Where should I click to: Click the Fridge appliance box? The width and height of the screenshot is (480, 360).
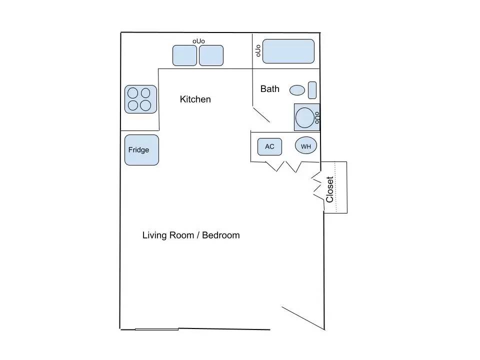(x=141, y=150)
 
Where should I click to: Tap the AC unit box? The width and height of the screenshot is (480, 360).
(x=269, y=146)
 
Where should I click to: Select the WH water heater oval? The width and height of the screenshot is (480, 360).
(x=306, y=145)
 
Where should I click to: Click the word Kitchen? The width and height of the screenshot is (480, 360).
(x=195, y=99)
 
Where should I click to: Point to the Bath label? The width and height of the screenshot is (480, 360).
(x=269, y=89)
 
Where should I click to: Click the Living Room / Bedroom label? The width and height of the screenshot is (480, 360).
(x=191, y=235)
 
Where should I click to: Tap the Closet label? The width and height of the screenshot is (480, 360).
(x=329, y=189)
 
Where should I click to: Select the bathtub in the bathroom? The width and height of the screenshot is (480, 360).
(x=288, y=51)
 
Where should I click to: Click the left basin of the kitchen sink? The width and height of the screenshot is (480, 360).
(x=184, y=55)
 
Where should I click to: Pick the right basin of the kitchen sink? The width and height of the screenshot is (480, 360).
(x=211, y=55)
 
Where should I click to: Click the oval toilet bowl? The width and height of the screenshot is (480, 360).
(x=297, y=90)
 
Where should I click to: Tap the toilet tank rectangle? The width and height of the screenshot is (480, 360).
(x=312, y=90)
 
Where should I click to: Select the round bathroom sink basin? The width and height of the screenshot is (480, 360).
(x=305, y=117)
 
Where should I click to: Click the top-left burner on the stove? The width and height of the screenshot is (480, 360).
(x=133, y=93)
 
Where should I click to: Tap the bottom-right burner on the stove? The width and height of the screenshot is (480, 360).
(x=145, y=105)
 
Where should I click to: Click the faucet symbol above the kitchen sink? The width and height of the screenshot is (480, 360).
(x=198, y=41)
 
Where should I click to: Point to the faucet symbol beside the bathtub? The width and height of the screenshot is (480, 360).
(x=258, y=51)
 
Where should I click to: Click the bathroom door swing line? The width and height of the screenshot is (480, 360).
(x=261, y=114)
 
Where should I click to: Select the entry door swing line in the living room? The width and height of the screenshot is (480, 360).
(x=303, y=318)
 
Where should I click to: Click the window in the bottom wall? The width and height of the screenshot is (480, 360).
(x=156, y=329)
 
